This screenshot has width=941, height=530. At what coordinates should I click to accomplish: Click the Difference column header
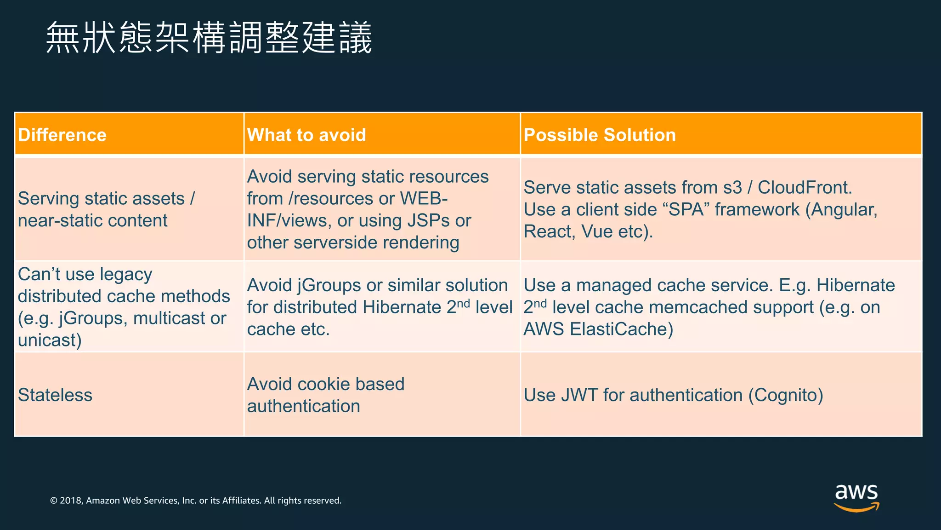click(x=62, y=135)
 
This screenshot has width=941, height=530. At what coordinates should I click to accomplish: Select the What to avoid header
click(x=306, y=135)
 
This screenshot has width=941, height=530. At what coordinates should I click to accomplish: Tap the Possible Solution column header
click(x=600, y=135)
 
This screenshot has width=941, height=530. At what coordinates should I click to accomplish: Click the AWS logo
click(x=856, y=497)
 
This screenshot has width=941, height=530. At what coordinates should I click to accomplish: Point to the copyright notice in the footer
click(x=196, y=501)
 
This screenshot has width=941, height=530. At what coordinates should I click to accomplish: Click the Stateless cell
click(x=55, y=395)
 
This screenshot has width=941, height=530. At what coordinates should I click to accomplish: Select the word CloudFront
click(x=805, y=188)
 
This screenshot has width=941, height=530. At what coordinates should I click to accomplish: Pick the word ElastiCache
click(x=621, y=329)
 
